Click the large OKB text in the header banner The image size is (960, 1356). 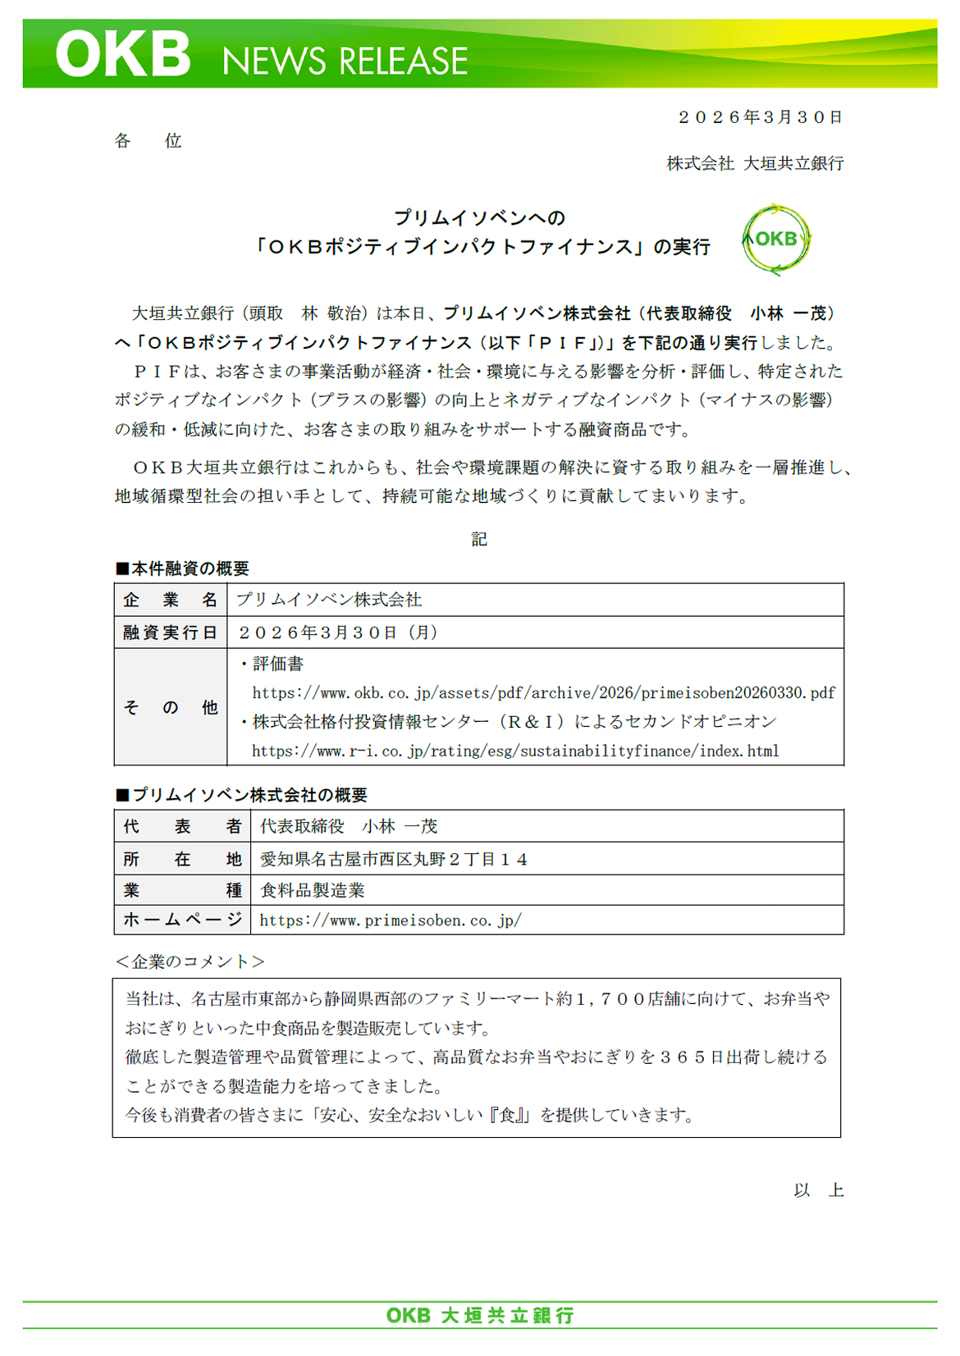coord(123,55)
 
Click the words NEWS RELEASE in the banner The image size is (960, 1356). coord(345,62)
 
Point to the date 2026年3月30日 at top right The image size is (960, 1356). coord(760,117)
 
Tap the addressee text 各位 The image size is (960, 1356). coord(148,141)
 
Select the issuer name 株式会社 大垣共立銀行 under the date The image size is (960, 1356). coord(754,163)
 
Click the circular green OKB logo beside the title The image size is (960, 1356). coord(775,239)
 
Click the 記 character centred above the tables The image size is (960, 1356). coord(479,539)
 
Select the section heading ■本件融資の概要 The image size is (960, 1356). coord(182,568)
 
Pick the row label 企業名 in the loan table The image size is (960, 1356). coord(170,600)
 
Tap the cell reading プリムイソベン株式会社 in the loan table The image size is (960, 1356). coord(329,600)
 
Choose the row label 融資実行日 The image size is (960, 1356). coord(170,632)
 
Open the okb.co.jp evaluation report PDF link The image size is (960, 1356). coord(543,693)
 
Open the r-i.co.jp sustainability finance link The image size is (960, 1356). coord(515,751)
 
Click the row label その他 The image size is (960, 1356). coord(170,707)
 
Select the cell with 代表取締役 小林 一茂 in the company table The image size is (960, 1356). coord(349,826)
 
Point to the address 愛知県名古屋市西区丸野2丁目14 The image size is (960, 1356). coord(394,859)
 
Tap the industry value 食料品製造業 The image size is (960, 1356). coord(313,890)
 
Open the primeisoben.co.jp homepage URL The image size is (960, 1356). coord(391,920)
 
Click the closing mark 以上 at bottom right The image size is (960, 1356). coord(818,1190)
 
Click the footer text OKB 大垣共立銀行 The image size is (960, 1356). coord(480,1316)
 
